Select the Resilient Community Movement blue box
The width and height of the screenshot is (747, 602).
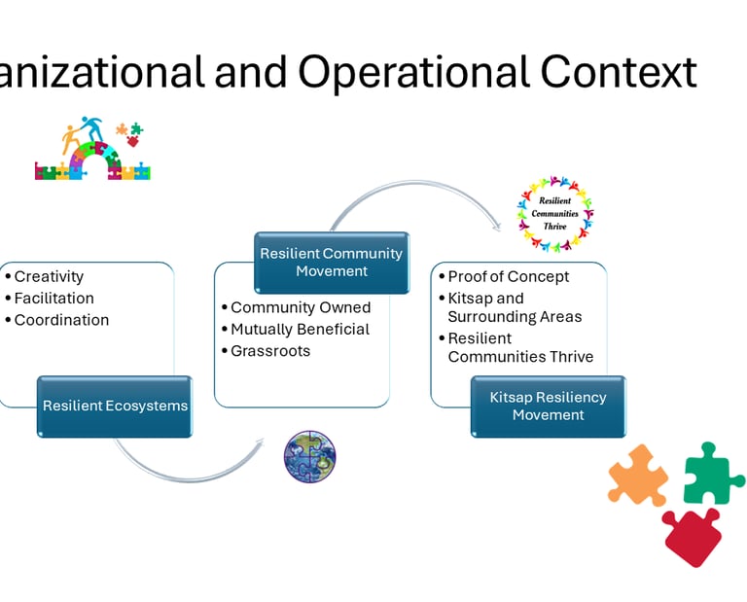coord(331,262)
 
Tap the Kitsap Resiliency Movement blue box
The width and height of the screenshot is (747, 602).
coord(549,406)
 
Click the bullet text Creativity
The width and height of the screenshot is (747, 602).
coord(49,277)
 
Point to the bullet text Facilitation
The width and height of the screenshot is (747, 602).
coord(53,299)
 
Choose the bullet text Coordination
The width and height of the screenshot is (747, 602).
coord(61,320)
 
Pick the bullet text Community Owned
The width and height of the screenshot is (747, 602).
coord(301,307)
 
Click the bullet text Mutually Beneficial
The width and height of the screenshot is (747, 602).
coord(300,329)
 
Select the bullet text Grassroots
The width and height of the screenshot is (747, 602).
coord(270,350)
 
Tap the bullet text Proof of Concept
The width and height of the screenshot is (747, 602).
coord(509,276)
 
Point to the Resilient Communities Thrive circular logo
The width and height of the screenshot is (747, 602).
coord(554,213)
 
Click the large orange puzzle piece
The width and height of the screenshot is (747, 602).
coord(638,475)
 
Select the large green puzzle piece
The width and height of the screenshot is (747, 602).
coord(714,473)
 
